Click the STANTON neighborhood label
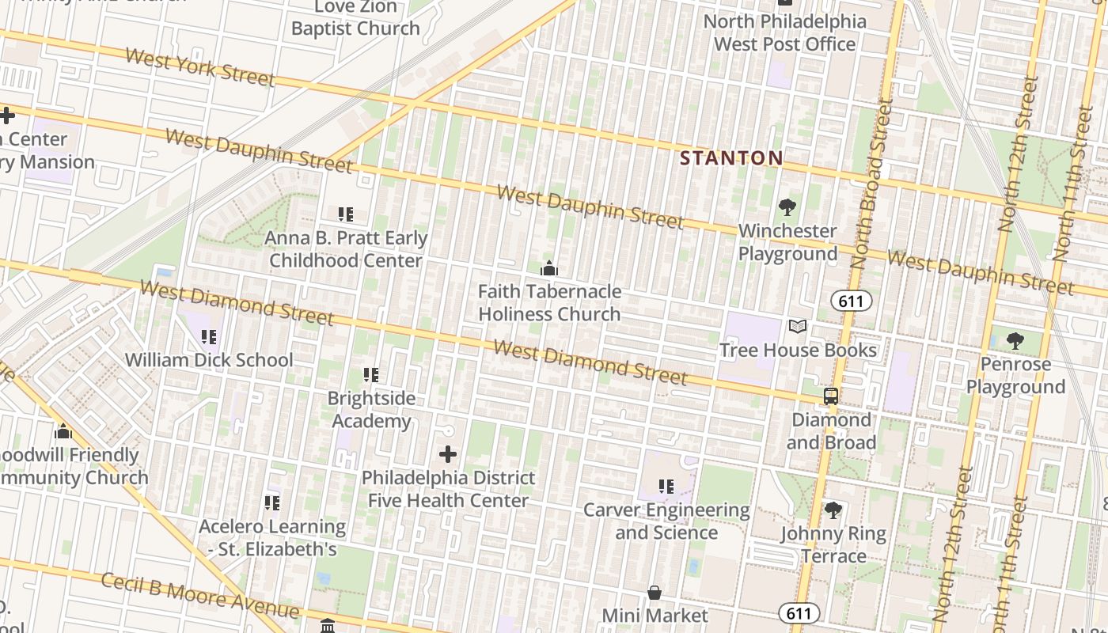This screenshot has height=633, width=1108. click(731, 158)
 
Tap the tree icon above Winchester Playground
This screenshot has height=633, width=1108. click(787, 208)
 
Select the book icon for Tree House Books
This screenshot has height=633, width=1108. click(798, 327)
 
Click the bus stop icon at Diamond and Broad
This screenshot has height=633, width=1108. click(831, 396)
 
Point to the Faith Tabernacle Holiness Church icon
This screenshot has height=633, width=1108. click(548, 268)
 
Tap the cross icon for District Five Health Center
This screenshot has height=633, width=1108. click(448, 454)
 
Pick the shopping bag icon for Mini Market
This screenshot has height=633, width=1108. click(655, 593)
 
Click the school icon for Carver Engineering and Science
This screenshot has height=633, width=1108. click(666, 487)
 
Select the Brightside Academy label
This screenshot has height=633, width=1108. click(371, 409)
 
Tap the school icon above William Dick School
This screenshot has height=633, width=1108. click(209, 337)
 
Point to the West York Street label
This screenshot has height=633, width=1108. click(199, 67)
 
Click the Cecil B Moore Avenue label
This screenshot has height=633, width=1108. click(200, 596)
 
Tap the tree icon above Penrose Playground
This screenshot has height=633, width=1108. click(1015, 341)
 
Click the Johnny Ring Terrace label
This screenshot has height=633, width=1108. click(833, 544)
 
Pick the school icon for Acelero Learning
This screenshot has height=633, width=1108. click(272, 503)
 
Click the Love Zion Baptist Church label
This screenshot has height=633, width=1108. click(355, 18)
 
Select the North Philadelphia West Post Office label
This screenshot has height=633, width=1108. click(784, 32)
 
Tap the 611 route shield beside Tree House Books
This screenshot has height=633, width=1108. click(851, 301)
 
